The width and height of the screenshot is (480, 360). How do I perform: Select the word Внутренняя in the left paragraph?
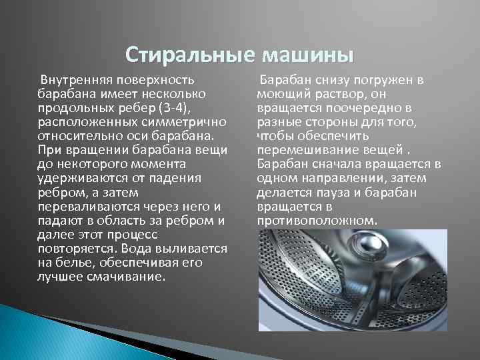[x=70, y=79]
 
